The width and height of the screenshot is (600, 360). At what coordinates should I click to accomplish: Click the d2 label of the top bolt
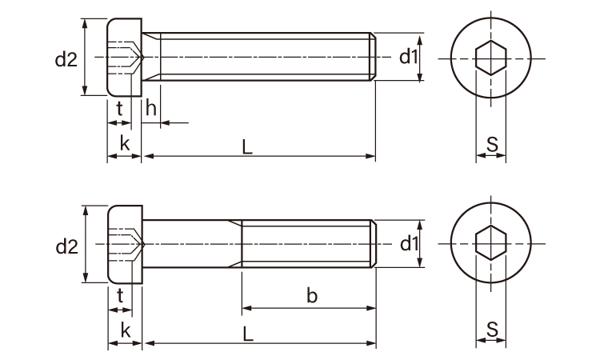coord(66,58)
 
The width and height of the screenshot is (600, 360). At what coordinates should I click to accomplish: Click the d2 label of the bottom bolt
coord(66,247)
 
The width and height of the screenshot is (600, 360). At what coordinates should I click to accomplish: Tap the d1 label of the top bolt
coord(409,57)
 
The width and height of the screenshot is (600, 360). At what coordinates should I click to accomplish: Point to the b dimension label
coord(313,296)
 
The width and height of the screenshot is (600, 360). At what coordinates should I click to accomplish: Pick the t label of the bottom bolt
coord(120,297)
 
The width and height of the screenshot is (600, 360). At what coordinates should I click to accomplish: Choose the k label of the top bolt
coord(124,144)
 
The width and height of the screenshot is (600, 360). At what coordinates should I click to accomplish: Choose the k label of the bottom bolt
coord(125,331)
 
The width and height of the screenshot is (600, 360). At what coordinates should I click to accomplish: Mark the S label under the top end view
coord(492,145)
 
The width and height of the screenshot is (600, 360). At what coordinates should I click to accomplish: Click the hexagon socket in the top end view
coord(490,58)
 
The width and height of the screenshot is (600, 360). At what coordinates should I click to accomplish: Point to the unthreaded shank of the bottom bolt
coord(192,243)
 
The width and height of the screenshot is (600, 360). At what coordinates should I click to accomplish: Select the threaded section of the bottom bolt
coord(308,243)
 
